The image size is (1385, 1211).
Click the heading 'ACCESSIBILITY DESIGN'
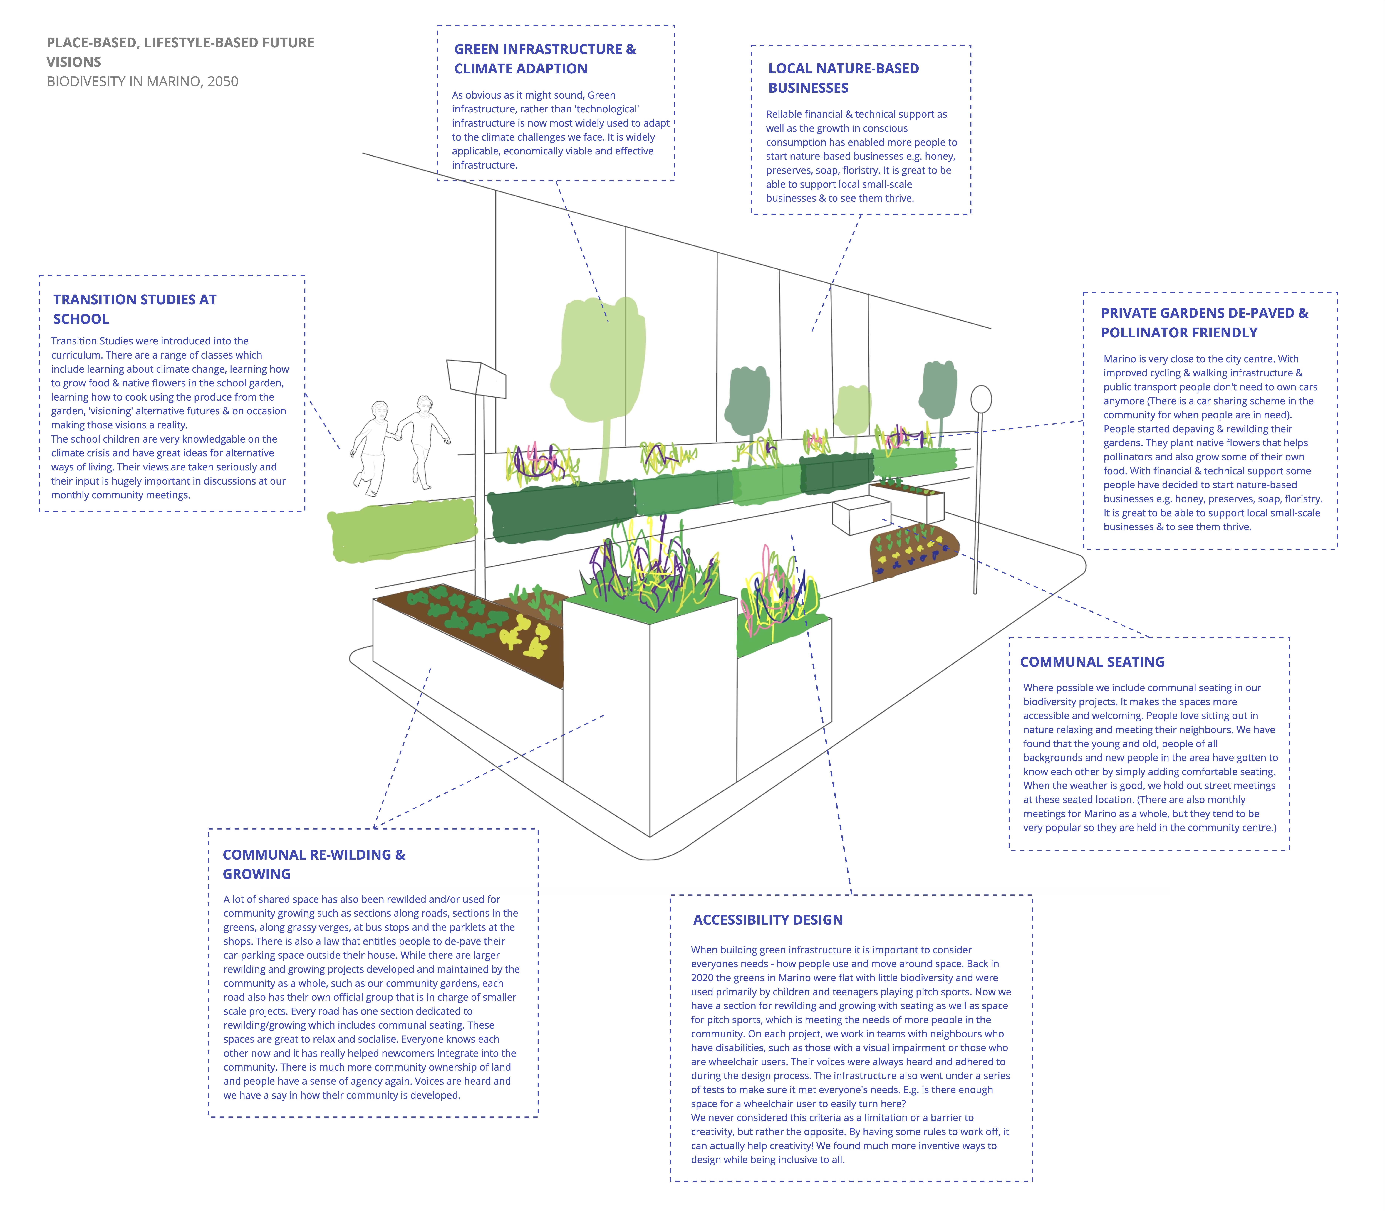tap(768, 920)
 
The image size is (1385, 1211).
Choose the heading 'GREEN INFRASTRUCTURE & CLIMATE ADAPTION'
tap(545, 59)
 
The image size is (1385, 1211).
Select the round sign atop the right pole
tap(981, 399)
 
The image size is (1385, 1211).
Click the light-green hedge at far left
tap(402, 531)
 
